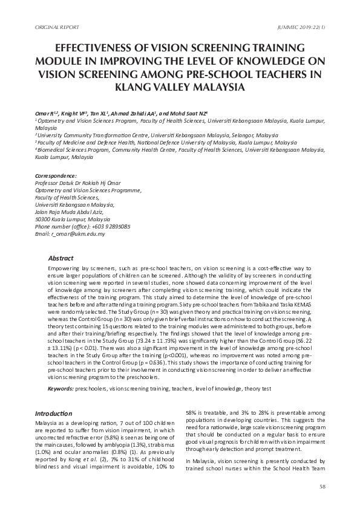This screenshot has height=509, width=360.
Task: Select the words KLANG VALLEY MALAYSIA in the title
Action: coord(180,86)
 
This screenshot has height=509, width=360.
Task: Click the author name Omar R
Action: coord(45,113)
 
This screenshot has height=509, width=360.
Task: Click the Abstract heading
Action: coord(61,258)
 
